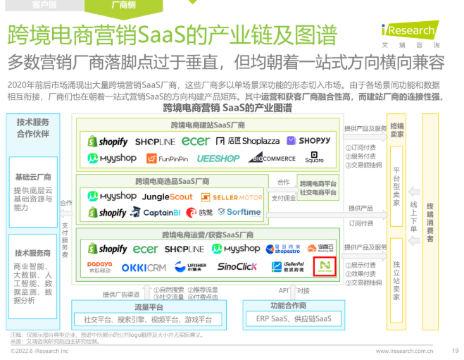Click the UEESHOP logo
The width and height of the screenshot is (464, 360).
pos(218,159)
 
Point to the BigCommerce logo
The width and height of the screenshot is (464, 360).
pos(272,159)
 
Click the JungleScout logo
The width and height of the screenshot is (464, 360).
pos(167,197)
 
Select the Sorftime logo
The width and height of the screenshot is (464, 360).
pos(239,212)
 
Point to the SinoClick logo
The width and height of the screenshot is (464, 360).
pos(237,267)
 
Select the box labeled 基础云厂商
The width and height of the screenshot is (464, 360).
pos(33,178)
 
